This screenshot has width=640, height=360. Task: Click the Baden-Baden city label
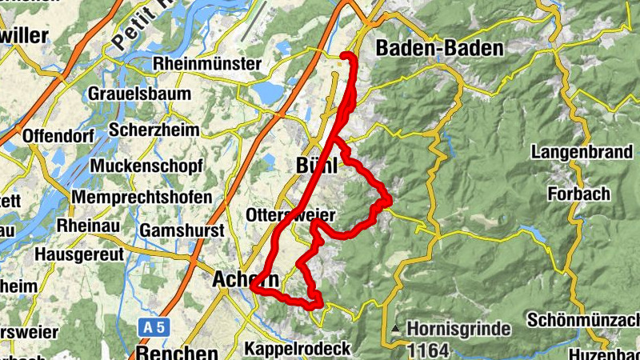[440, 48]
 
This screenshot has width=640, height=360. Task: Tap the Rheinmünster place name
[207, 64]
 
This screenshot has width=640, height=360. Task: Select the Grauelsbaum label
[140, 94]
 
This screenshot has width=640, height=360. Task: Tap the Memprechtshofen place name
[142, 197]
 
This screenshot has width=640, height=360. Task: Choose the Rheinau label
[89, 226]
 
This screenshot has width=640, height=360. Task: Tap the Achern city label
[245, 280]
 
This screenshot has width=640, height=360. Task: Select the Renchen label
[178, 353]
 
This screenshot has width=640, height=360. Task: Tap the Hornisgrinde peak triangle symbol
[396, 329]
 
